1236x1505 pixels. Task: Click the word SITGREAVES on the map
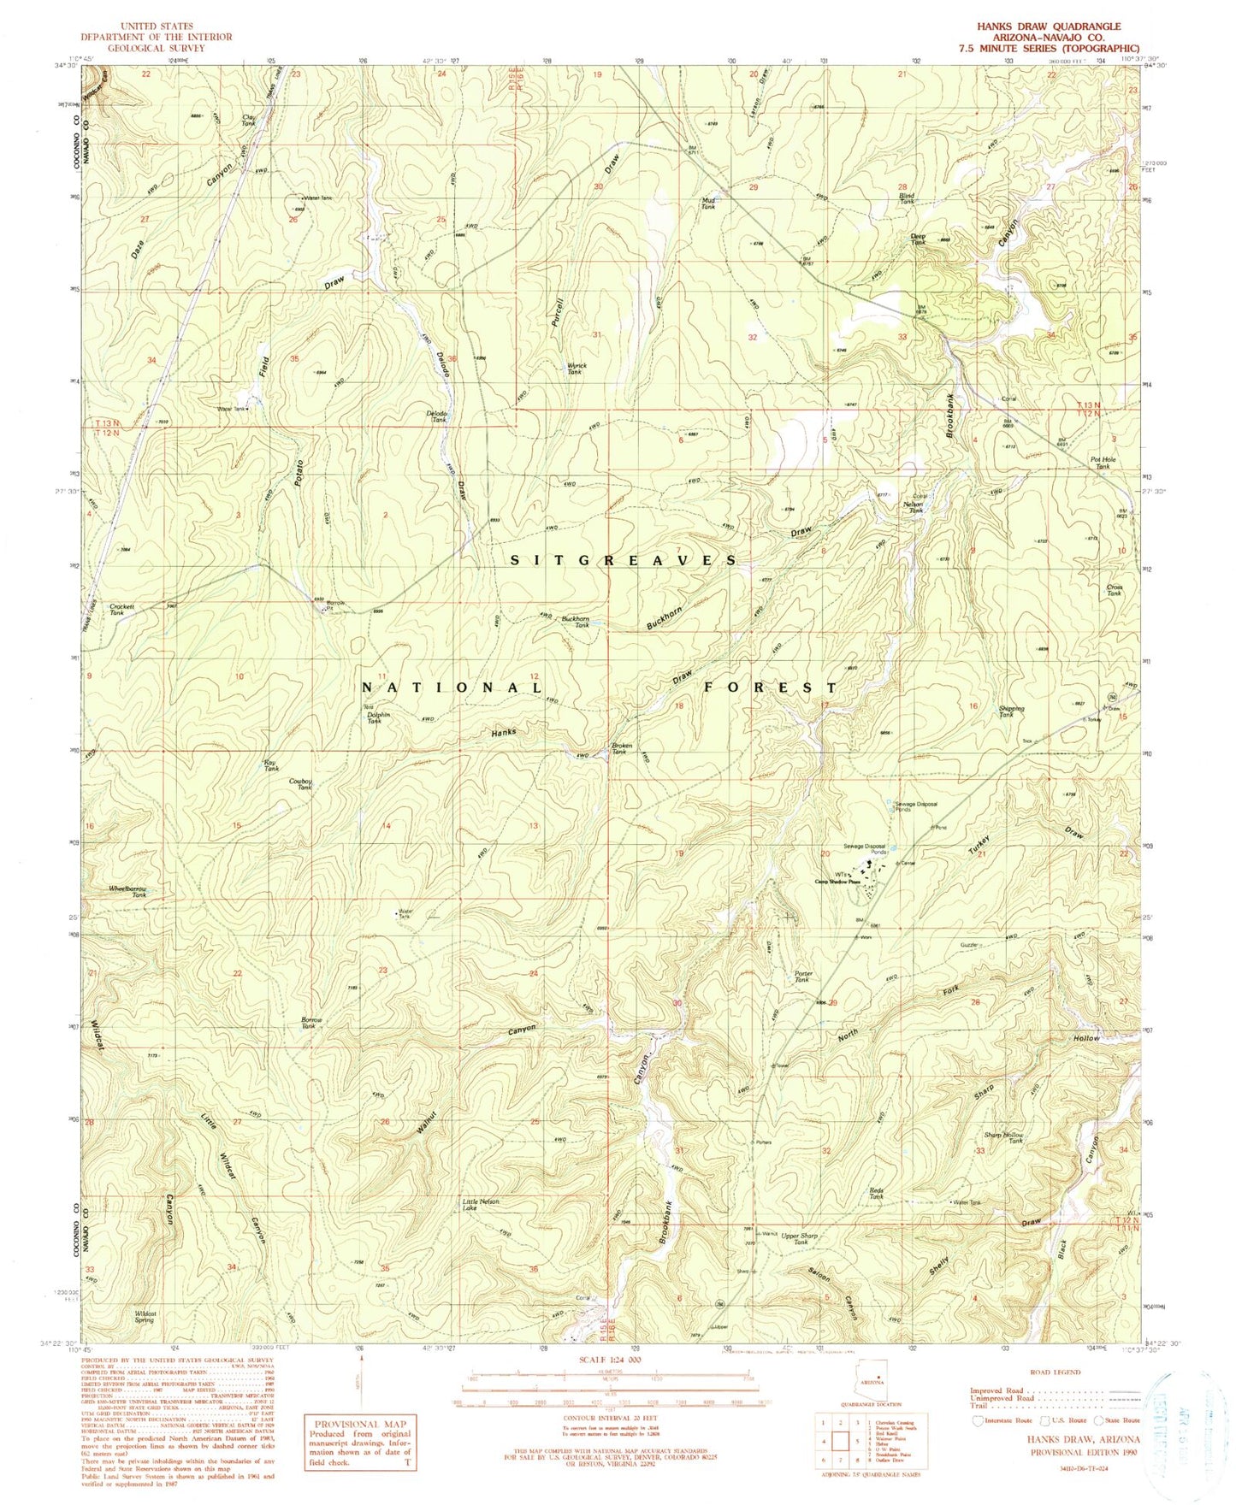click(x=624, y=560)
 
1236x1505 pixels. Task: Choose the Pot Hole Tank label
click(x=1103, y=463)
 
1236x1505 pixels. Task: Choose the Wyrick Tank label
click(x=574, y=369)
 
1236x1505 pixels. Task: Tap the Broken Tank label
click(x=622, y=749)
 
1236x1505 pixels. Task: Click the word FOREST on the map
click(x=771, y=688)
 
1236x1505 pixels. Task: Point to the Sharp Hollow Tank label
click(x=1003, y=1138)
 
